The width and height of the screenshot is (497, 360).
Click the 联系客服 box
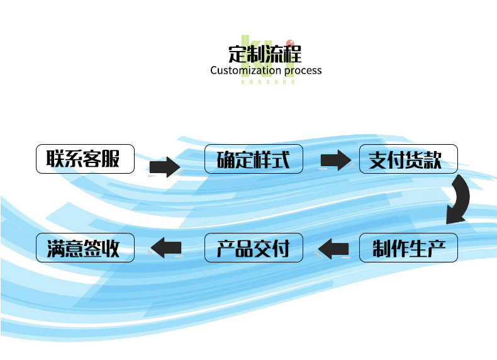pos(85,159)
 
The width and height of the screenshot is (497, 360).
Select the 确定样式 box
pos(254,159)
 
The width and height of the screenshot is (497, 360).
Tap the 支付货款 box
pos(408,159)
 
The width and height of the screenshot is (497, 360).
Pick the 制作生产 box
pos(408,248)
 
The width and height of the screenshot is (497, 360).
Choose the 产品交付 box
pos(254,248)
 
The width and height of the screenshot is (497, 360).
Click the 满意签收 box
pos(85,248)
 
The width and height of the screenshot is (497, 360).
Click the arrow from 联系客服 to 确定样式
pos(164,167)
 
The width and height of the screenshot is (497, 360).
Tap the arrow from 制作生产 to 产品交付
pos(333,249)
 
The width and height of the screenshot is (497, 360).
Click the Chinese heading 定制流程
pos(265,52)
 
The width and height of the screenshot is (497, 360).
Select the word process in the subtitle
pos(303,70)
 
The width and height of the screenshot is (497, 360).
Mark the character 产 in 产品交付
pos(226,249)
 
